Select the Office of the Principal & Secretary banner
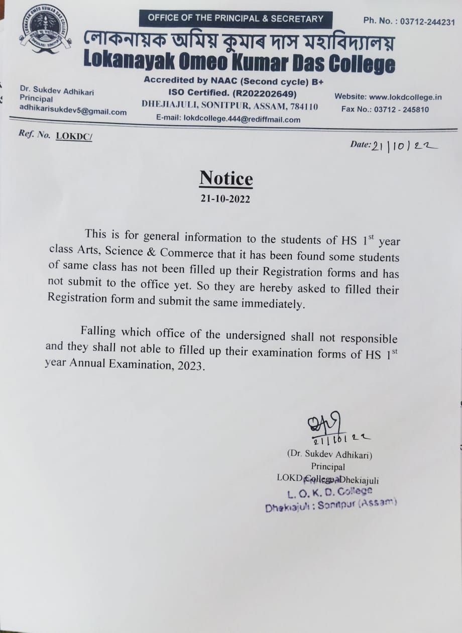[236, 19]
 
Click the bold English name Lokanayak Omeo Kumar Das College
[239, 64]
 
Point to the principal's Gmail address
[73, 112]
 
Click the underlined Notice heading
[226, 178]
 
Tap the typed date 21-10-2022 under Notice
[225, 198]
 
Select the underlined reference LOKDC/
[74, 136]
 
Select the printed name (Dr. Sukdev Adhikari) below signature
[329, 455]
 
